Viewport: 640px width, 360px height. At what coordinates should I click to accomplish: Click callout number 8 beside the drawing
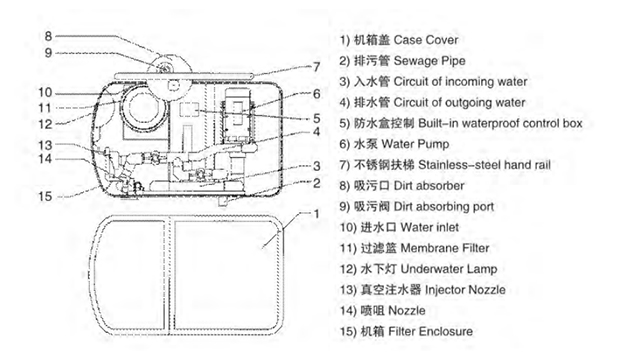point(48,36)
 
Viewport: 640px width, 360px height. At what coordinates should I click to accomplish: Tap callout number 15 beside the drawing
point(45,196)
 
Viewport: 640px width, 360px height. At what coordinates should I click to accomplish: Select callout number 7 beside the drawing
point(316,67)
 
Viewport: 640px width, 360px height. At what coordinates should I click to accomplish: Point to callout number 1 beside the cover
point(316,213)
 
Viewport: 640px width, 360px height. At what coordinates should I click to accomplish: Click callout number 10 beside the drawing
point(45,93)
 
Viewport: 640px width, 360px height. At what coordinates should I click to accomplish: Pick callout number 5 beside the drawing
point(316,118)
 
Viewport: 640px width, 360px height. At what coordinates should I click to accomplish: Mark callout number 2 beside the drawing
point(316,183)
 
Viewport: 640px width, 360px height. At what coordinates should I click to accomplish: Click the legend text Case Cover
point(426,40)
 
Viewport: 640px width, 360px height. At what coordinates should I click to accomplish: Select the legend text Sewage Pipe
point(429,61)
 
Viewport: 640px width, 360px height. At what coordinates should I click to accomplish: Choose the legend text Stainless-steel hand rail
point(484,165)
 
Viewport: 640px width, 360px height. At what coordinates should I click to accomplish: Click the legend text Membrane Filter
point(445,248)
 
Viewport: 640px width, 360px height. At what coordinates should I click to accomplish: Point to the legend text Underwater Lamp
point(449,269)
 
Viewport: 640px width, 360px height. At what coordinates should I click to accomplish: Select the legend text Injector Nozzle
point(465,290)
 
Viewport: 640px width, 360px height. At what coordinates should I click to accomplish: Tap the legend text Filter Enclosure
point(431,331)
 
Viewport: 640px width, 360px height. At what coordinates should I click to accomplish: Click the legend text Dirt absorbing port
point(444,207)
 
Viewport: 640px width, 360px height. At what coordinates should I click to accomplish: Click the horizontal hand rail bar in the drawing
point(184,76)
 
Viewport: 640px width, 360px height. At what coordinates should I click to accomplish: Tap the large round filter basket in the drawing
point(143,107)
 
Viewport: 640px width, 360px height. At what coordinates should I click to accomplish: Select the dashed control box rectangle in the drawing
point(189,109)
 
